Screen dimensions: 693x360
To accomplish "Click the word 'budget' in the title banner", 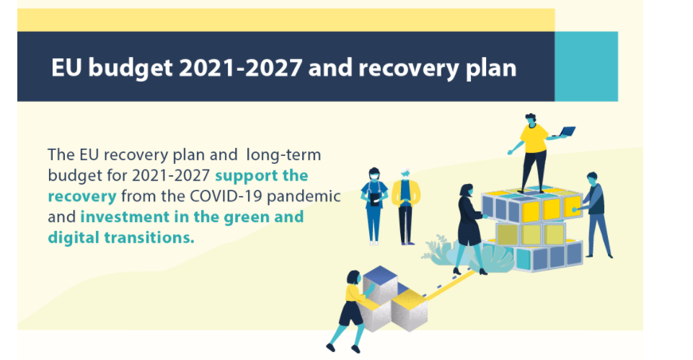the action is [x=130, y=69].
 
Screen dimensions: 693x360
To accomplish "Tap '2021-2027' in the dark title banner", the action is [x=240, y=68].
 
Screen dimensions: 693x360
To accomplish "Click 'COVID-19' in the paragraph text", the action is [x=226, y=196].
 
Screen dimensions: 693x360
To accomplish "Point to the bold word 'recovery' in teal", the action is [x=82, y=196].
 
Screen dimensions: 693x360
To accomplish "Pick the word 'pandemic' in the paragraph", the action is [x=304, y=196].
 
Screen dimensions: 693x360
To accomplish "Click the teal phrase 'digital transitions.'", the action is [x=121, y=238].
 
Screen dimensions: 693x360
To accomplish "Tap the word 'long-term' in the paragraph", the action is [x=283, y=155].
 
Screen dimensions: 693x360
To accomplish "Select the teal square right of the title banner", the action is [x=586, y=66].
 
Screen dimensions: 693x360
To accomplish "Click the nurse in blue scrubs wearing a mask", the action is [x=374, y=206].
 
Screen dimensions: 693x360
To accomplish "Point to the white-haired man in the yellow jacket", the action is [x=405, y=206].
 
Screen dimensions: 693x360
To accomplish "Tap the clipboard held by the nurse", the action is [x=374, y=200].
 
